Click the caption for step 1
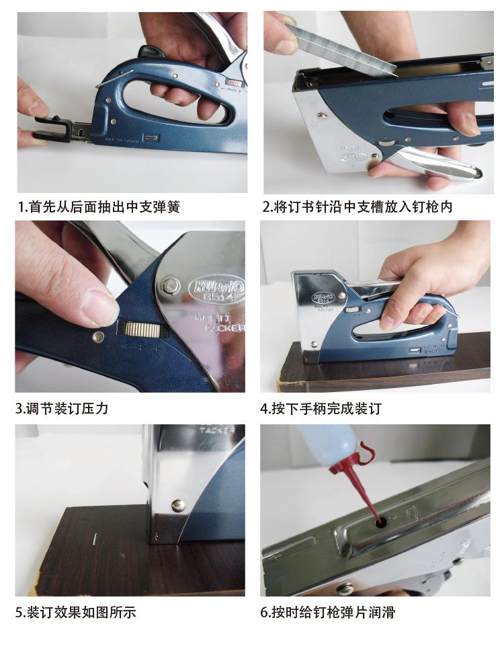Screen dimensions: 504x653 pyautogui.click(x=99, y=206)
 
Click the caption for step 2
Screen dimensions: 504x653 pyautogui.click(x=357, y=206)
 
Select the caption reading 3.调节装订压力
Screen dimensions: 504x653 pyautogui.click(x=62, y=408)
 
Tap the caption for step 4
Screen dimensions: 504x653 pyautogui.click(x=321, y=408)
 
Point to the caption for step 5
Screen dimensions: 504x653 pyautogui.click(x=75, y=612)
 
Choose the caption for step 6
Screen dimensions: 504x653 pyautogui.click(x=327, y=612)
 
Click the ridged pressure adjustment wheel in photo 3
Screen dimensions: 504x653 pyautogui.click(x=142, y=330)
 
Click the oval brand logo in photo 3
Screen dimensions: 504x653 pyautogui.click(x=216, y=287)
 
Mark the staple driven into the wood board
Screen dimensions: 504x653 pyautogui.click(x=95, y=539)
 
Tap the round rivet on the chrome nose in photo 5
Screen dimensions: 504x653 pyautogui.click(x=179, y=505)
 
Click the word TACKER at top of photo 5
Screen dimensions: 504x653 pyautogui.click(x=217, y=430)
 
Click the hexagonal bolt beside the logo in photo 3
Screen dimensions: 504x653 pyautogui.click(x=169, y=285)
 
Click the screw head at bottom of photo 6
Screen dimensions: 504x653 pyautogui.click(x=345, y=589)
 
